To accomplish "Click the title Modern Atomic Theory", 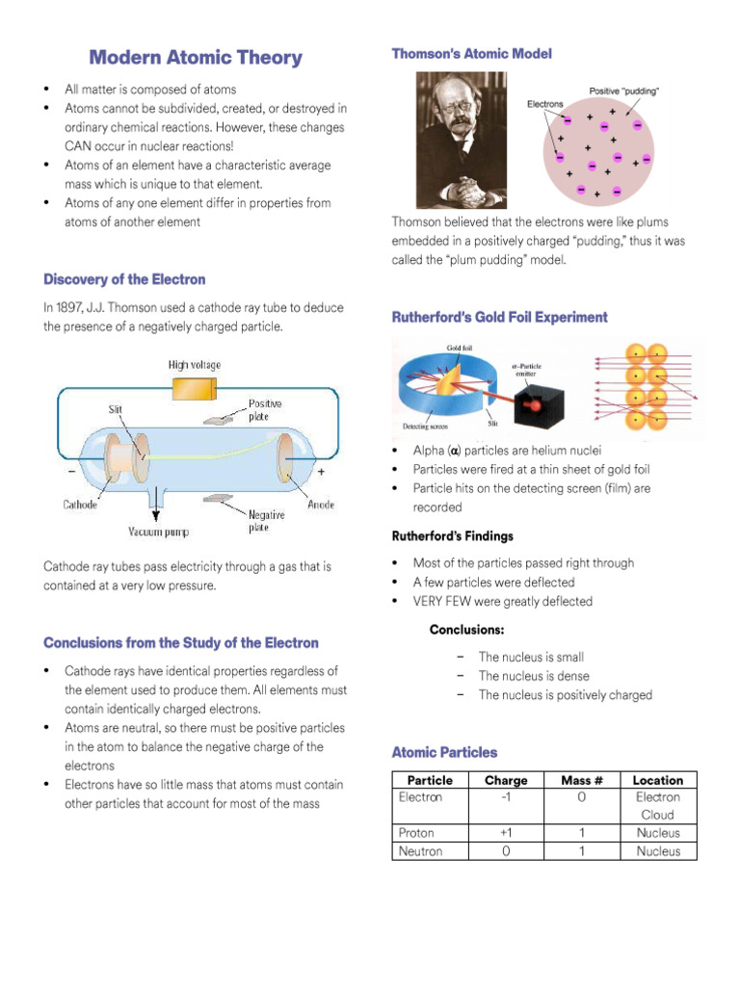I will tap(196, 58).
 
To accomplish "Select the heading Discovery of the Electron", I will tap(124, 279).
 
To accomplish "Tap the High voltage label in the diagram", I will tap(195, 365).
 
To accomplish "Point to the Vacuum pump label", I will tap(159, 532).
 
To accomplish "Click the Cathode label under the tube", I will tap(80, 505).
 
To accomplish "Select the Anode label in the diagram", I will tap(321, 505).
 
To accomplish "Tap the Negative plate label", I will tap(265, 521).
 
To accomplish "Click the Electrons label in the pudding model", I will tap(544, 104).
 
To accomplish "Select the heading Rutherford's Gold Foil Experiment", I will tap(499, 317).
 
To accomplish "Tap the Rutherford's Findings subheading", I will tap(452, 536).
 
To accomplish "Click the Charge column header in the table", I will tap(506, 780).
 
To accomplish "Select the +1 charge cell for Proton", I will tap(506, 833).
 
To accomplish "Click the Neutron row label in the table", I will tap(420, 851).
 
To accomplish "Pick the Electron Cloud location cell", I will tap(657, 806).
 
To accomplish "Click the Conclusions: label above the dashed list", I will tap(466, 630).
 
